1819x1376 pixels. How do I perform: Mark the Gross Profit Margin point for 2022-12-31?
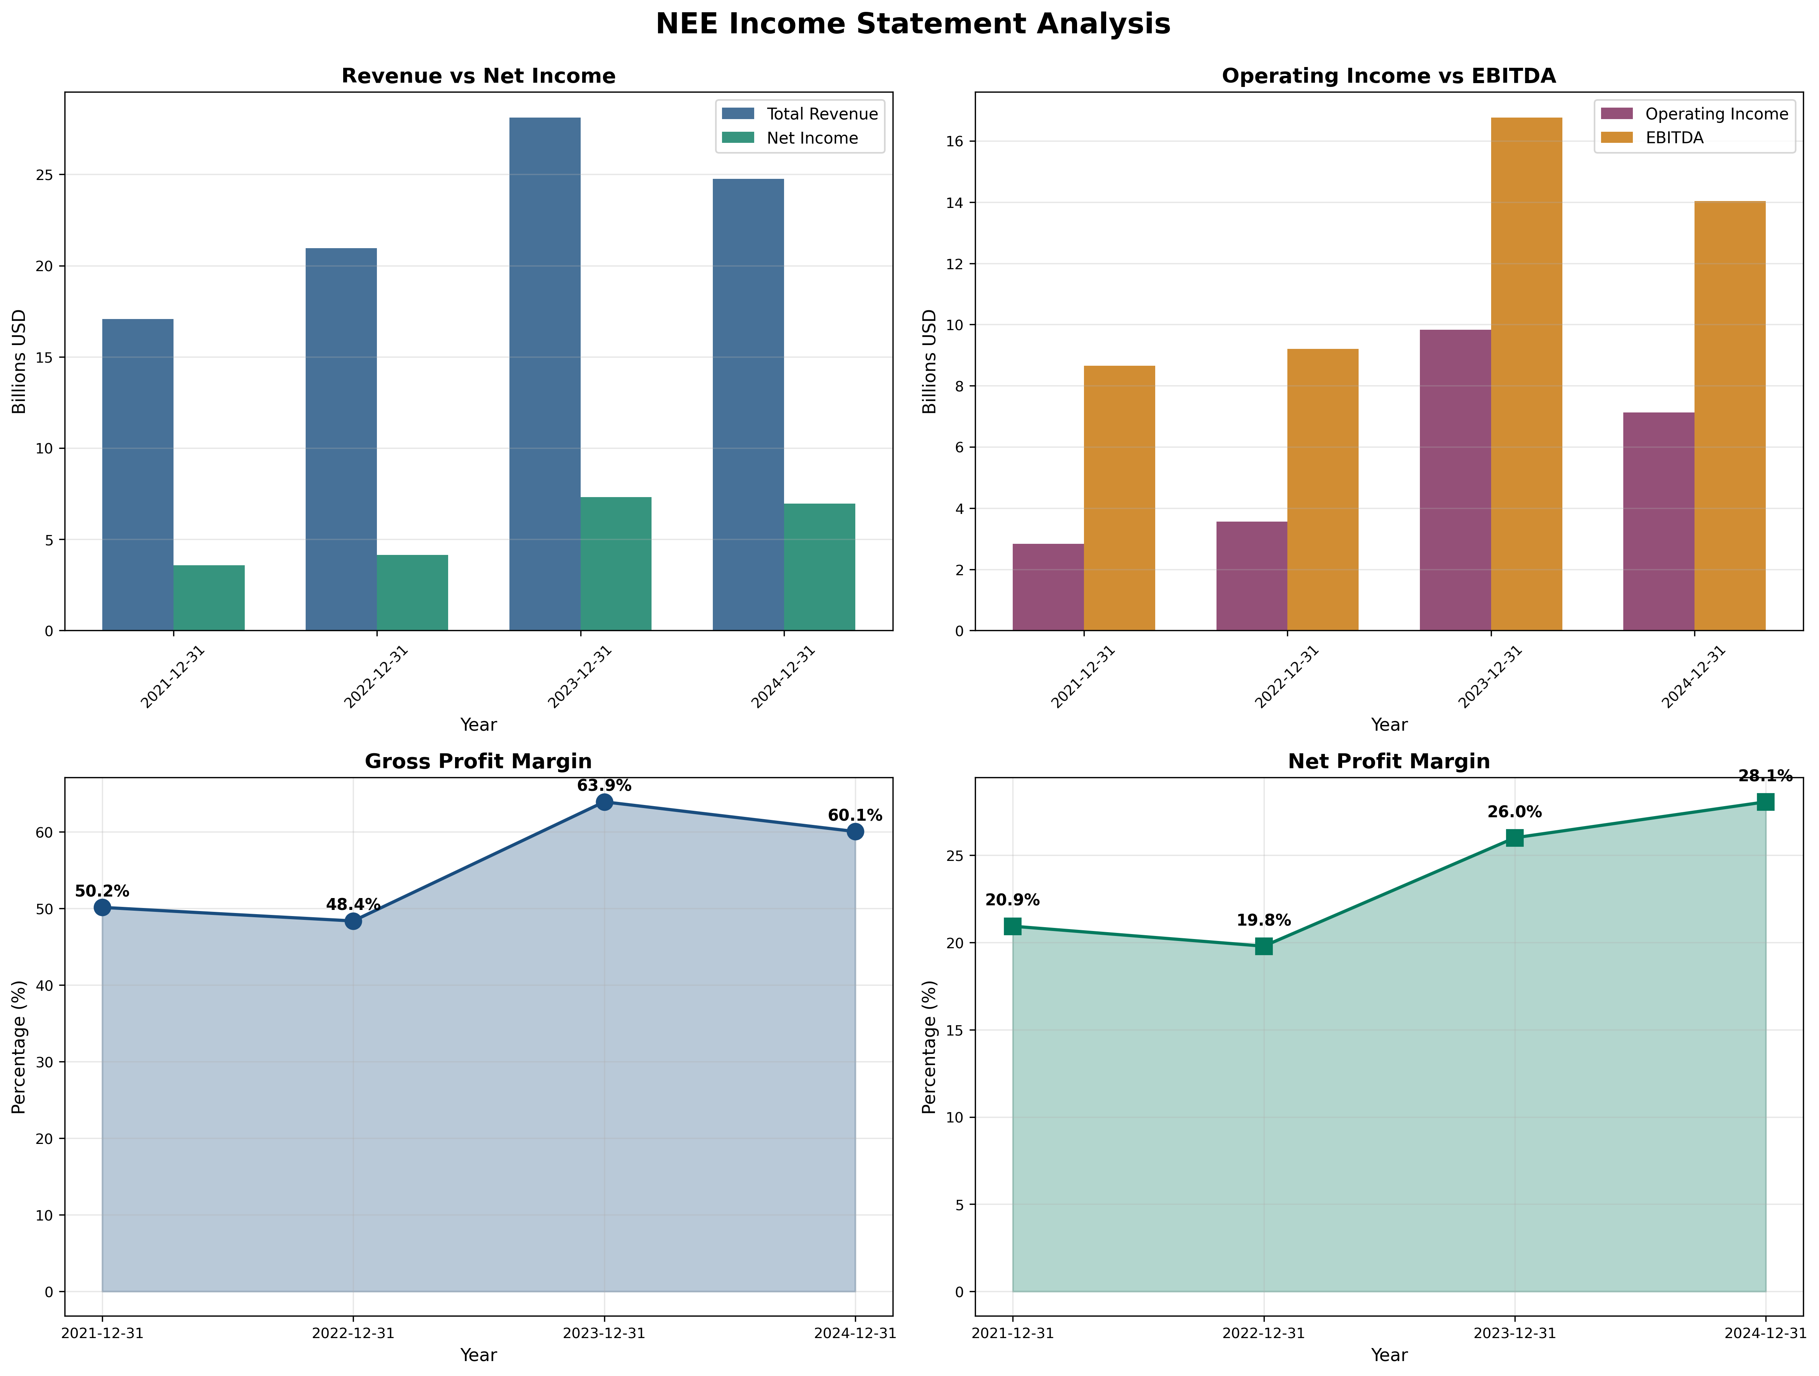[x=353, y=921]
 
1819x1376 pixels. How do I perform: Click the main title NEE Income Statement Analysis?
[x=912, y=24]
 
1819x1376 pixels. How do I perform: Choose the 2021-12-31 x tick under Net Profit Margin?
[x=1012, y=1333]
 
